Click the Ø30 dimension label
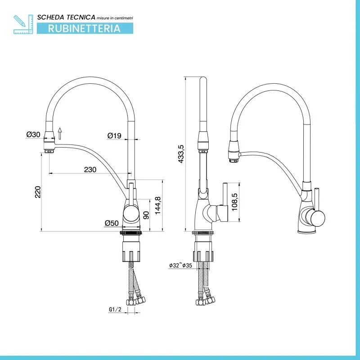click(x=33, y=134)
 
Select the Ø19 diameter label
click(x=114, y=136)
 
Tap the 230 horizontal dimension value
click(x=90, y=170)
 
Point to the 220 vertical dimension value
click(x=38, y=192)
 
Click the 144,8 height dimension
click(x=158, y=206)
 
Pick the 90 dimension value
click(x=146, y=215)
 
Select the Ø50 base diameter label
click(x=112, y=223)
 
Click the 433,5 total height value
click(x=181, y=154)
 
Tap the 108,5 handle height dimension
click(x=234, y=202)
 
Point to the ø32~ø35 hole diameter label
click(x=180, y=265)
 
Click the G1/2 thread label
click(x=115, y=310)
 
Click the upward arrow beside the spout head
click(x=60, y=133)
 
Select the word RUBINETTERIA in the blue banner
click(x=84, y=28)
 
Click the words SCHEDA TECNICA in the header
click(x=66, y=17)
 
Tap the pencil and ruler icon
click(x=23, y=24)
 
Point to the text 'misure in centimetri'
click(x=115, y=18)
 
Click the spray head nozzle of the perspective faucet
click(x=234, y=153)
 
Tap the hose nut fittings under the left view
click(x=136, y=301)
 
